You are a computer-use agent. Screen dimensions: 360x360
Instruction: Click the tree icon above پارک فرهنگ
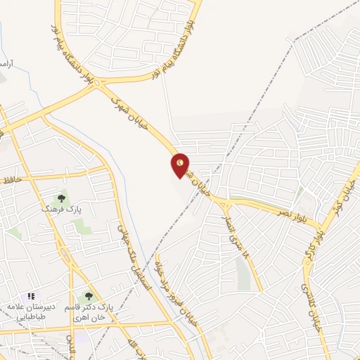click(x=60, y=199)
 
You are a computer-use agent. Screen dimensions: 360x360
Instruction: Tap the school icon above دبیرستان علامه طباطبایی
click(x=30, y=297)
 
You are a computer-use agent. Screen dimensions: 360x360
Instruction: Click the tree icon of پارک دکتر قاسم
click(x=88, y=297)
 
